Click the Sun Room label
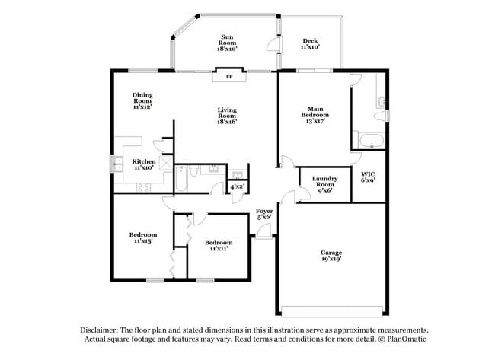(x=227, y=42)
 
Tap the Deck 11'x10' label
(x=310, y=44)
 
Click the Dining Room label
(x=142, y=101)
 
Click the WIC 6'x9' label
(x=368, y=177)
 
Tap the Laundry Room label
(x=324, y=184)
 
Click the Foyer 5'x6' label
(x=263, y=214)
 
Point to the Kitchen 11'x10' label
(x=145, y=164)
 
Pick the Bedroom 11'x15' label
(x=143, y=238)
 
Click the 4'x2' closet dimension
(x=238, y=186)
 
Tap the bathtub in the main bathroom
(x=371, y=141)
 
